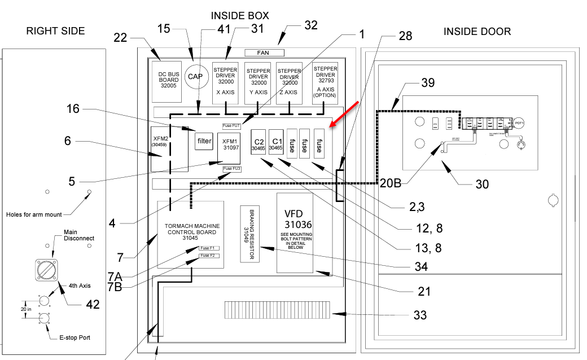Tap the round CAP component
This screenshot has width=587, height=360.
[195, 76]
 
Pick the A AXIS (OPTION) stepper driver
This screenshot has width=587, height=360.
[325, 82]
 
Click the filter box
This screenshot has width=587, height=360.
[204, 141]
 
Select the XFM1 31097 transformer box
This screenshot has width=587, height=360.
[229, 145]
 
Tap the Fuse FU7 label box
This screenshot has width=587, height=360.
[231, 125]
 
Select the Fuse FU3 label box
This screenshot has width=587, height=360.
[231, 169]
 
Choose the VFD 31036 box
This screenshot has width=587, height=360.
[294, 232]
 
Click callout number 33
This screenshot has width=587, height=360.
[420, 315]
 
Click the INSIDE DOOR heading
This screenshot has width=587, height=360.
[477, 32]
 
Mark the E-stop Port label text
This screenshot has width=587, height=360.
[75, 337]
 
